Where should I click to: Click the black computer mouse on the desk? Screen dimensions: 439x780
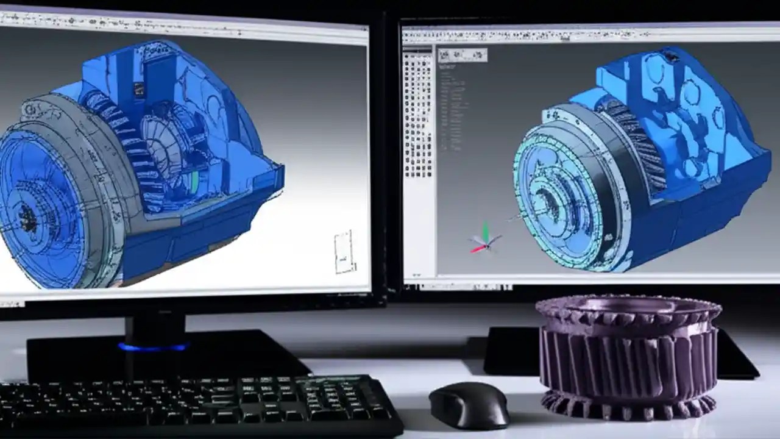coord(469,404)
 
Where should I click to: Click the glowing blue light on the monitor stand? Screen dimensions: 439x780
coord(154,348)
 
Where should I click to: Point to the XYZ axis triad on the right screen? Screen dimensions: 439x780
coord(484,240)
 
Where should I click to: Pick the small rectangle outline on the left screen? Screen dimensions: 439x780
coord(344,251)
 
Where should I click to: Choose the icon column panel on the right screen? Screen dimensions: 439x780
coord(418,116)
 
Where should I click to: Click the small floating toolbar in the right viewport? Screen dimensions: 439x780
coord(463,55)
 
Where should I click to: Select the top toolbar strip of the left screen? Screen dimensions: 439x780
coord(183,21)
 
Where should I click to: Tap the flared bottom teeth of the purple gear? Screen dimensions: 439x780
coord(628,405)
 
